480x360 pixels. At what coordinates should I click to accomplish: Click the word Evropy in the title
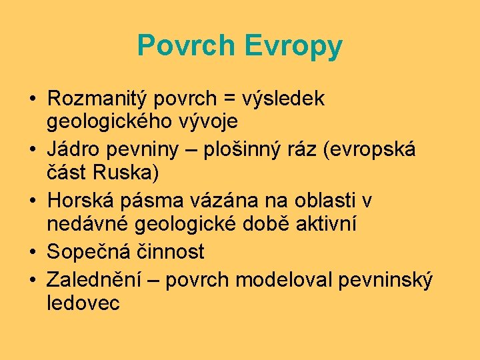click(293, 46)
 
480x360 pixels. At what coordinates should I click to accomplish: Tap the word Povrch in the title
click(187, 46)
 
